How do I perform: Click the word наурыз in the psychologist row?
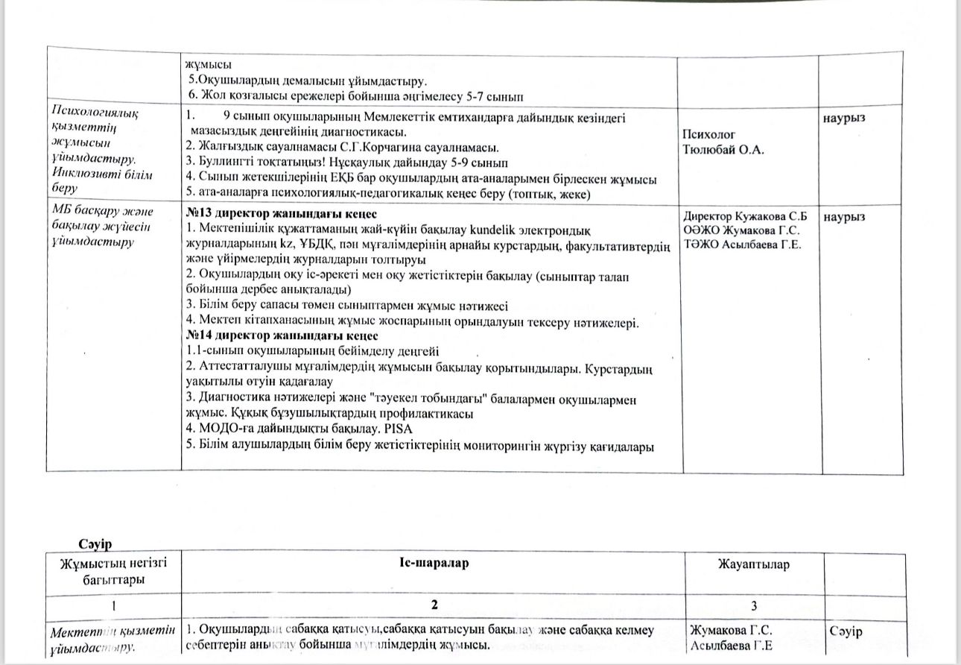pyautogui.click(x=844, y=118)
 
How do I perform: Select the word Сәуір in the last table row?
pyautogui.click(x=846, y=632)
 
